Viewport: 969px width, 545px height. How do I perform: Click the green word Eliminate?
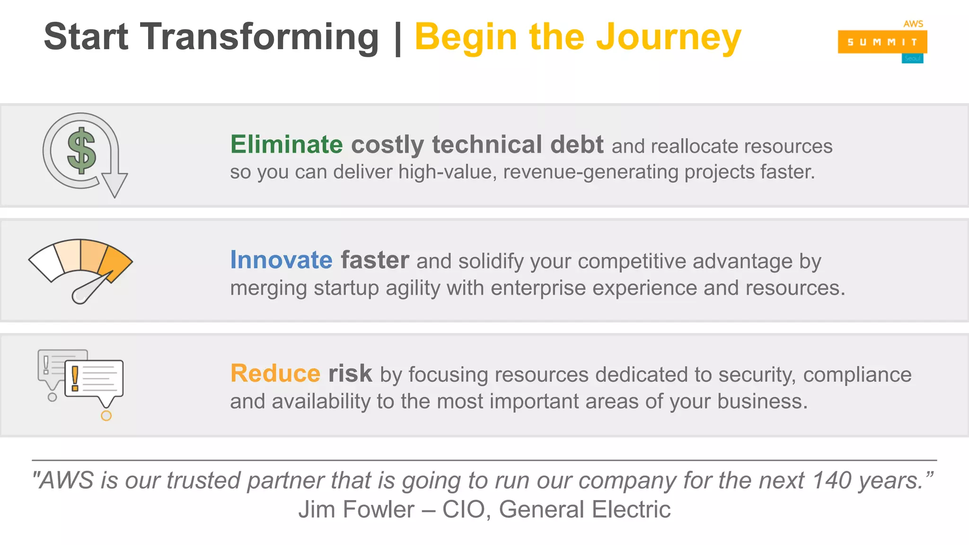tap(286, 144)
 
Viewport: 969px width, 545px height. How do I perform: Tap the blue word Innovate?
tap(281, 260)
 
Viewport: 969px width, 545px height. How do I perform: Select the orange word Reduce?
tap(275, 373)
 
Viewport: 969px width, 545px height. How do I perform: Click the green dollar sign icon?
tap(81, 151)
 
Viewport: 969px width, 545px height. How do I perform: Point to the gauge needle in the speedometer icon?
tap(93, 288)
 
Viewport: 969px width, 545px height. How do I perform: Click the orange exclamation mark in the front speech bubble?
tap(75, 378)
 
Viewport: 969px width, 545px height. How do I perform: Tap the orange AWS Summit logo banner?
tap(882, 42)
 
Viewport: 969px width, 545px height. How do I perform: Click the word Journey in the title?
tap(668, 37)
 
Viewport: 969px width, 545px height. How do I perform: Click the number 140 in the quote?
tap(832, 481)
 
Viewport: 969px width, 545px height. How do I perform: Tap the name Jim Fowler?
tap(356, 510)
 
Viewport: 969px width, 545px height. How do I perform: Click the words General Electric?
tap(584, 510)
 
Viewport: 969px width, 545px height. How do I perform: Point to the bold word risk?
tap(350, 373)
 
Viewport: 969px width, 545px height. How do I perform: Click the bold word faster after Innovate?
tap(375, 260)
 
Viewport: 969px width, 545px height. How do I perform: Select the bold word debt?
tap(577, 144)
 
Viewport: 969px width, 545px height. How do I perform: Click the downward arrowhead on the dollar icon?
tap(115, 185)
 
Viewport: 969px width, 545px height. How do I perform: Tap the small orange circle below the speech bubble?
tap(106, 415)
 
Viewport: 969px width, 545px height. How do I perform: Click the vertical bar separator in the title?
tap(397, 37)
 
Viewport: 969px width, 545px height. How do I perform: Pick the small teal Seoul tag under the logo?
tap(912, 59)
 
